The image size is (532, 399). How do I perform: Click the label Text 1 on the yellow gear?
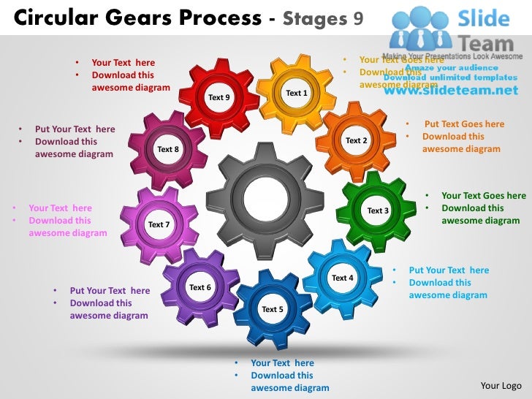pyautogui.click(x=297, y=93)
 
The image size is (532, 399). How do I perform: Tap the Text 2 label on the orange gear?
pyautogui.click(x=357, y=140)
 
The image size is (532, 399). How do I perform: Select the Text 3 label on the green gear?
pyautogui.click(x=378, y=210)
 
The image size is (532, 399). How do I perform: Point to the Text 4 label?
pyautogui.click(x=343, y=278)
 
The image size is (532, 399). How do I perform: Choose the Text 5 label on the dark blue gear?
pyautogui.click(x=273, y=309)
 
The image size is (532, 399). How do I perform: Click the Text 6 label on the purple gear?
pyautogui.click(x=200, y=287)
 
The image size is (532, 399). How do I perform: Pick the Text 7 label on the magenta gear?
pyautogui.click(x=159, y=224)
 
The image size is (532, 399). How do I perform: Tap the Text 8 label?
pyautogui.click(x=168, y=149)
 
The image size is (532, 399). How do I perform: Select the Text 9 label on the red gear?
pyautogui.click(x=219, y=96)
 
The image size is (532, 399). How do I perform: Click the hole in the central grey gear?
pyautogui.click(x=265, y=196)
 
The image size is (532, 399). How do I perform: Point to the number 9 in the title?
pyautogui.click(x=358, y=17)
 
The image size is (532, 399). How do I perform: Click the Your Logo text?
pyautogui.click(x=501, y=385)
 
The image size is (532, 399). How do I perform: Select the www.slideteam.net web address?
pyautogui.click(x=450, y=91)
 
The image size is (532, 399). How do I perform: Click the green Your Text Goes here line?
pyautogui.click(x=483, y=195)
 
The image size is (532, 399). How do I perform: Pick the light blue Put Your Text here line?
pyautogui.click(x=449, y=270)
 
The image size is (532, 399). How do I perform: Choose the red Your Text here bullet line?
pyautogui.click(x=123, y=63)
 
